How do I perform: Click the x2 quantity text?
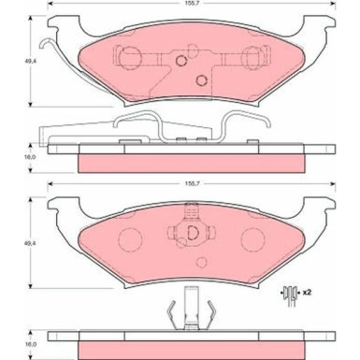pyautogui.click(x=307, y=293)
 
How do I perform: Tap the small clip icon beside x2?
pyautogui.click(x=290, y=295)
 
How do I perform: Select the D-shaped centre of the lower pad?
pyautogui.click(x=193, y=232)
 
